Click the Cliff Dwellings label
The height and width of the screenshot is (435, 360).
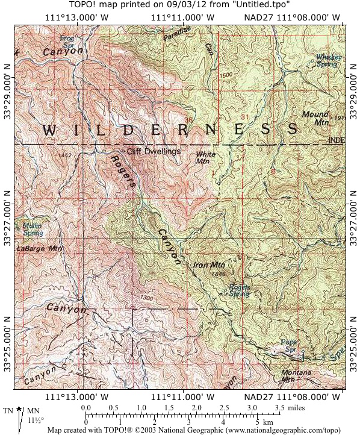click(154, 152)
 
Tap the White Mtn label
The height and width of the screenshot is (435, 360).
click(206, 158)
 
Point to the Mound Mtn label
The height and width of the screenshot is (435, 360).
click(315, 117)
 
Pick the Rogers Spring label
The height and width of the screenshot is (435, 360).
click(239, 290)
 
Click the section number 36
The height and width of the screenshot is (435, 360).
click(189, 120)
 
